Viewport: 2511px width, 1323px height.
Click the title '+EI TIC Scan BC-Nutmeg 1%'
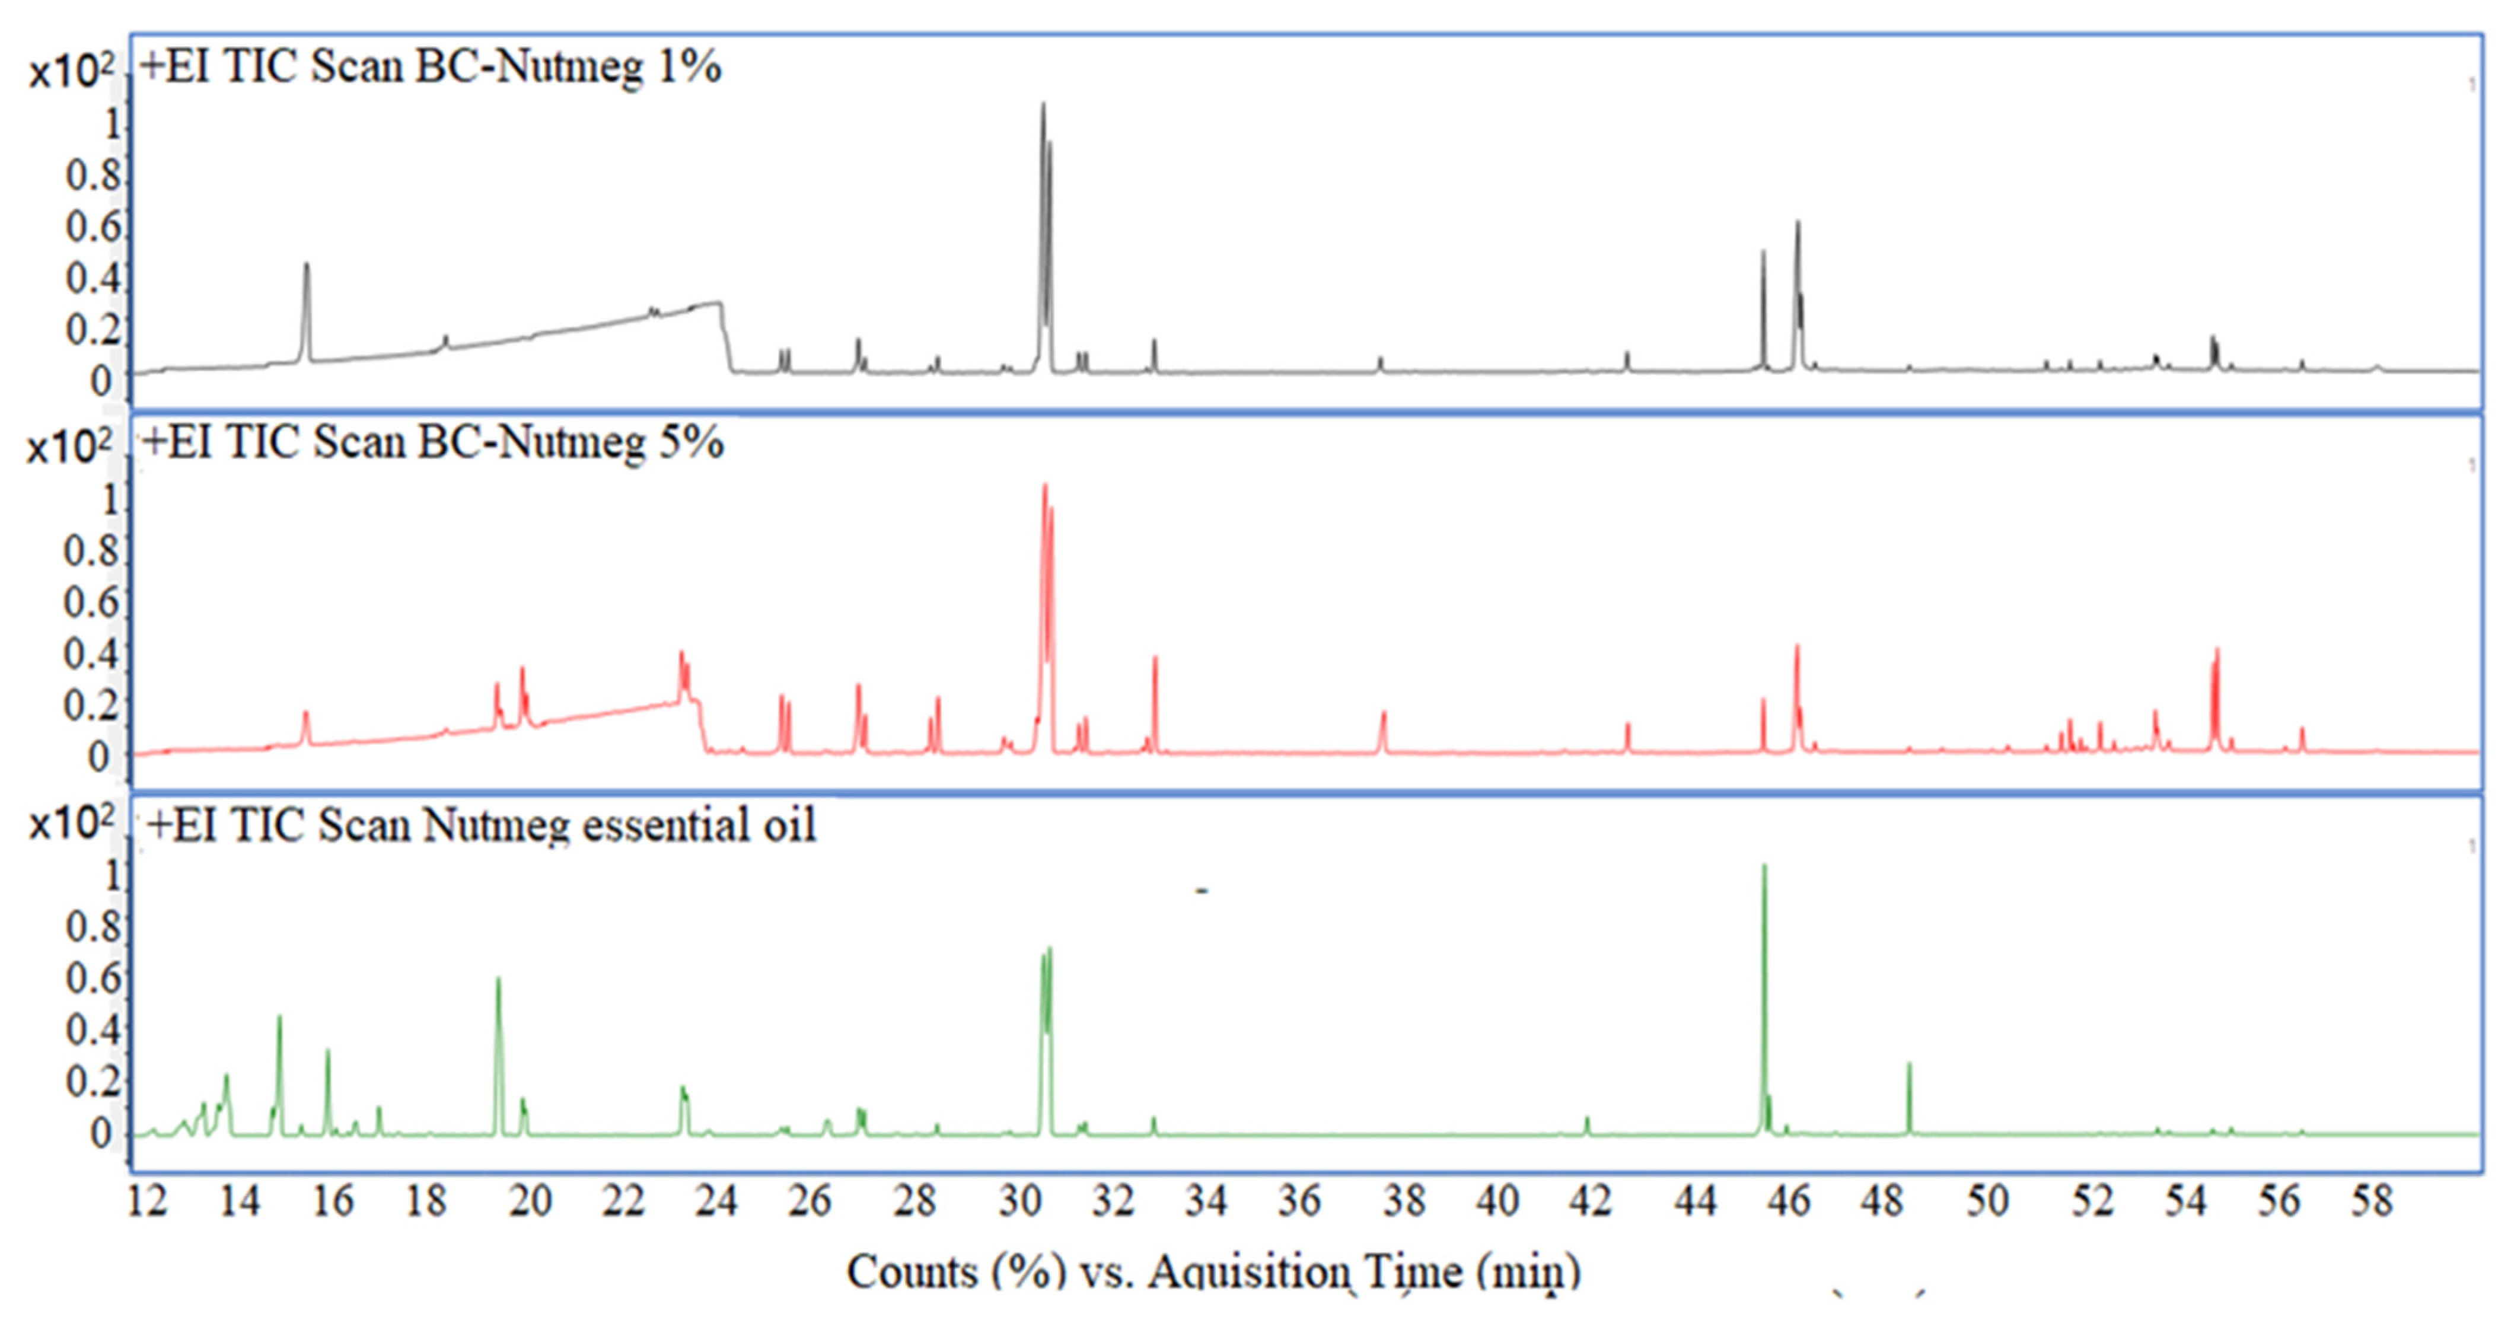430,67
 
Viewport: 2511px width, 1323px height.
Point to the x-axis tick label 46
1789,1200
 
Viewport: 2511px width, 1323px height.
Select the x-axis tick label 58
2370,1200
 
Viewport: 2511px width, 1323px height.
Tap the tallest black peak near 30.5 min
1043,106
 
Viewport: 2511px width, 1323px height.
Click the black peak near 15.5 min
307,264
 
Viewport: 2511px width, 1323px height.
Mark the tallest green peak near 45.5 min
1763,867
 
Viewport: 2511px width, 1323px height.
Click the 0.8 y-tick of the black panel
94,176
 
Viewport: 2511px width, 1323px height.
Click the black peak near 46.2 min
1798,223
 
